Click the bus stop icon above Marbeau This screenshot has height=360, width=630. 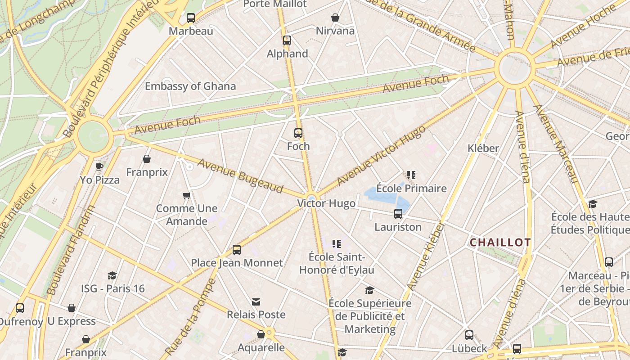point(191,18)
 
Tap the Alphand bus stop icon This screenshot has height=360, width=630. point(287,40)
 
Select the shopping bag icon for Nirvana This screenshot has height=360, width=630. point(335,18)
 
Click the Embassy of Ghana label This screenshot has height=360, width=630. point(190,86)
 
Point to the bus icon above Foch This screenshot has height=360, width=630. point(298,133)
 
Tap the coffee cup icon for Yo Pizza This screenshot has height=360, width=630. point(99,166)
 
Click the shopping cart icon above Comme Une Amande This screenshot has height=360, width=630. point(187,195)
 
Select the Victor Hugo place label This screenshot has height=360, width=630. point(326,203)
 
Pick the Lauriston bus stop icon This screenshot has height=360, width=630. point(398,214)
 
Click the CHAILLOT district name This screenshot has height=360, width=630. point(500,243)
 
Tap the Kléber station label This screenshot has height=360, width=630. point(483,148)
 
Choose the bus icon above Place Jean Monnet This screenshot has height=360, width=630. point(237,250)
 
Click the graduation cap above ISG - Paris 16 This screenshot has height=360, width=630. point(112,275)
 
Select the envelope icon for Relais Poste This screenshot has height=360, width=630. point(256,301)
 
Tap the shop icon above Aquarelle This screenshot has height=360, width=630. point(261,334)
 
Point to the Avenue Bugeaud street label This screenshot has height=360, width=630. point(240,176)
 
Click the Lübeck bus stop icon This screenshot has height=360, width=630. point(469,335)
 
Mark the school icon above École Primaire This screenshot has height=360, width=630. point(411,175)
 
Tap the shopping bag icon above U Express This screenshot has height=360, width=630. point(72,308)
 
